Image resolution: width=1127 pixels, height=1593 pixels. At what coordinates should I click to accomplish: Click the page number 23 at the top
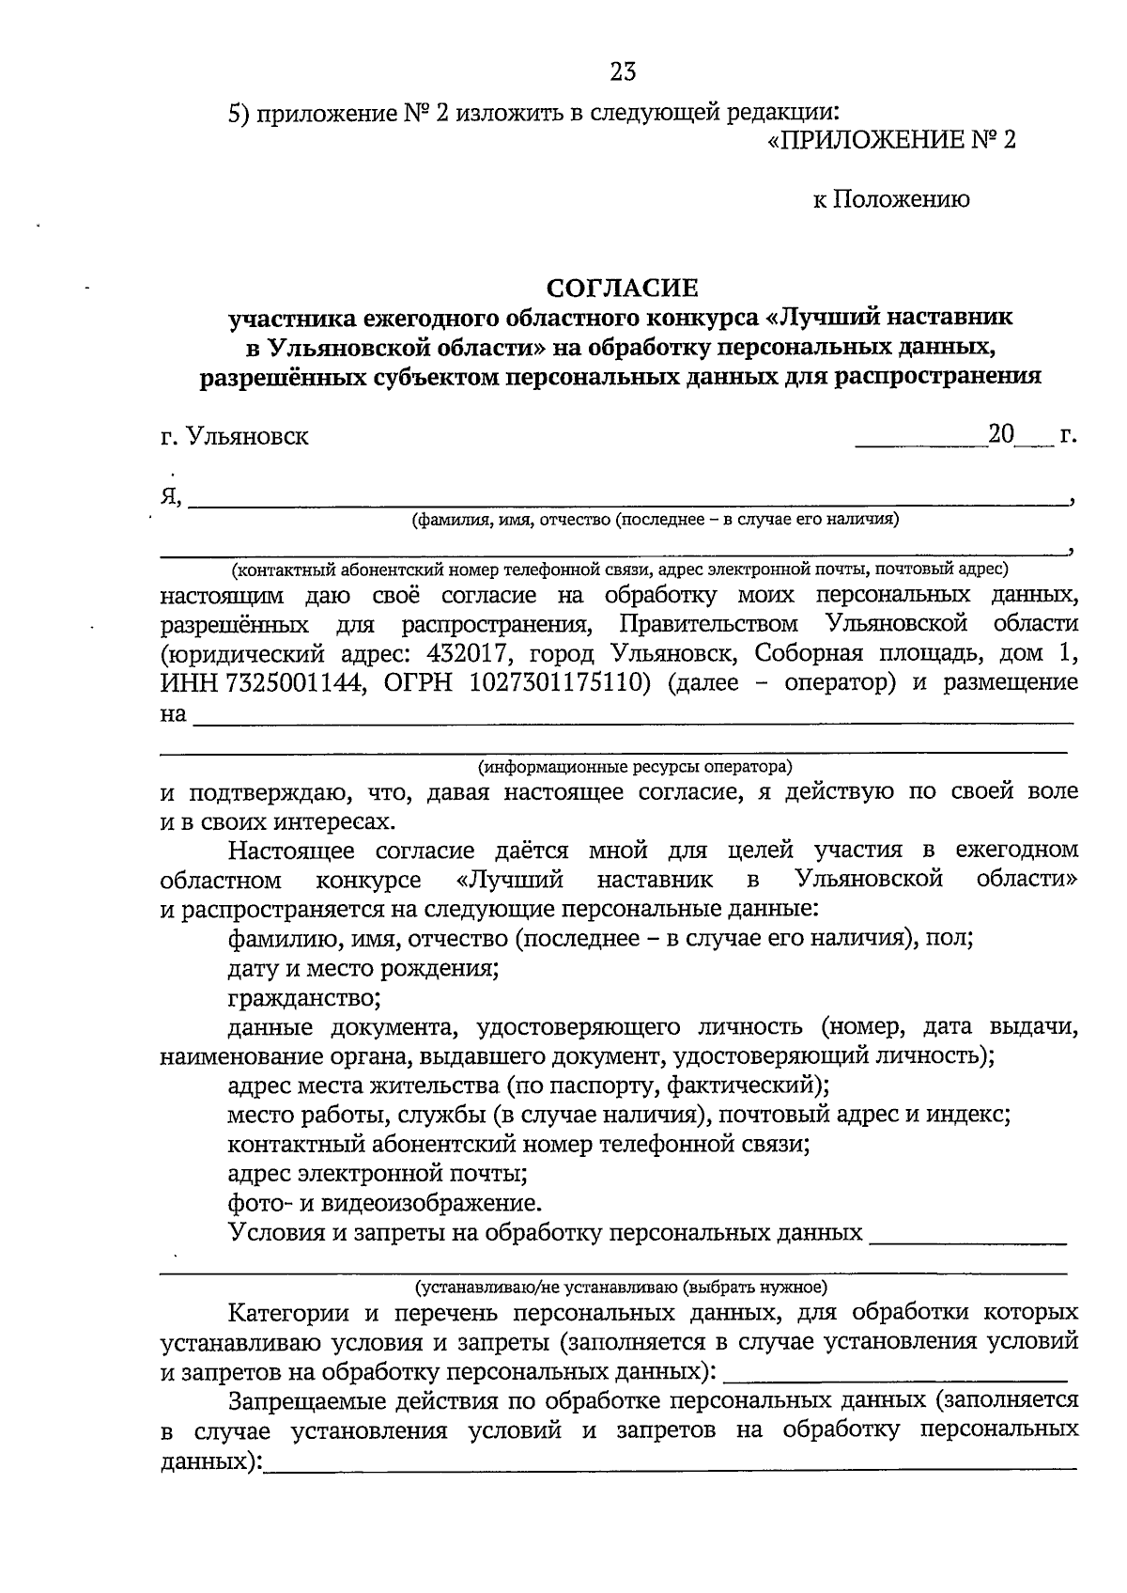[x=623, y=71]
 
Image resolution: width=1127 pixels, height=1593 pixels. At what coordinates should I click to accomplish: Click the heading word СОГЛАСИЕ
[x=624, y=286]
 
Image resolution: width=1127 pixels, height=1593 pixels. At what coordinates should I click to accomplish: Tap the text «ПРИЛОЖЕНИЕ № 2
[x=891, y=140]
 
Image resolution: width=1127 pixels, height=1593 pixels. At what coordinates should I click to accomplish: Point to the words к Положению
[x=891, y=199]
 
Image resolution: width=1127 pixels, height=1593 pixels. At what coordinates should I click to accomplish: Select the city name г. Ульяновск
[x=234, y=437]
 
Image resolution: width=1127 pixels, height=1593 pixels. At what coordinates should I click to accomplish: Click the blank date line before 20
[x=920, y=442]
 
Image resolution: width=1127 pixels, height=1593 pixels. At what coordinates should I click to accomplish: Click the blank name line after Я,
[x=629, y=500]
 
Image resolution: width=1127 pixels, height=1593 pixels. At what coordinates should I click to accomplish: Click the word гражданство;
[x=304, y=996]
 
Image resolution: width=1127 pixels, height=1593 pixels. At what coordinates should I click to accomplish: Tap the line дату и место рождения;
[x=363, y=967]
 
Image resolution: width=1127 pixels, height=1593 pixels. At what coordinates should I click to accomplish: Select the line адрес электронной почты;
[x=377, y=1173]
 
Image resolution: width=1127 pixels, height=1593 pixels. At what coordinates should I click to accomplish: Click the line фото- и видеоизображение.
[x=385, y=1202]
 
